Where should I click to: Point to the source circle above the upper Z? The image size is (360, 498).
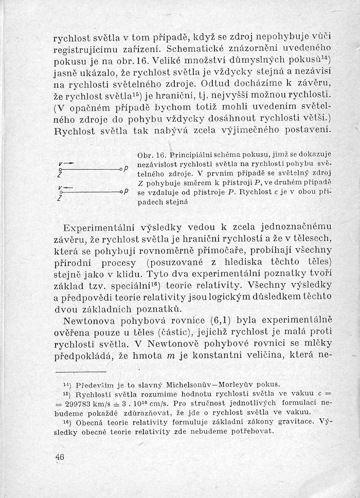60,169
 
